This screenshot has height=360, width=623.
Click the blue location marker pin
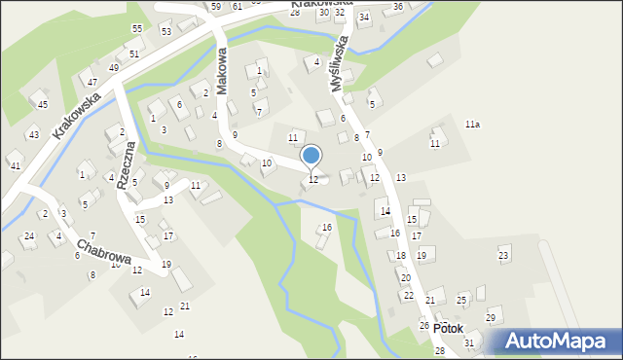[x=311, y=155]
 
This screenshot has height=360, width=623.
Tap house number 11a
[x=472, y=125]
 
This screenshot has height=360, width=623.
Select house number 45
[x=42, y=104]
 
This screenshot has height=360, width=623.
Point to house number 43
[x=33, y=134]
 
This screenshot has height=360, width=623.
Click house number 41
[x=15, y=166]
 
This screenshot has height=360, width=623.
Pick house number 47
[x=92, y=83]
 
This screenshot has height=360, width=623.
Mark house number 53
[x=166, y=32]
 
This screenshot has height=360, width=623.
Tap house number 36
[x=398, y=7]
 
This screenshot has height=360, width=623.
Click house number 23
[x=503, y=255]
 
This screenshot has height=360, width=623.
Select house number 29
[x=492, y=318]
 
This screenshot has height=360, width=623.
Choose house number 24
[x=29, y=236]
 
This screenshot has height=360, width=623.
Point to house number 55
[x=137, y=29]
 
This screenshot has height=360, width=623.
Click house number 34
[x=364, y=18]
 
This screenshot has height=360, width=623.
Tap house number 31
[x=469, y=342]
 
